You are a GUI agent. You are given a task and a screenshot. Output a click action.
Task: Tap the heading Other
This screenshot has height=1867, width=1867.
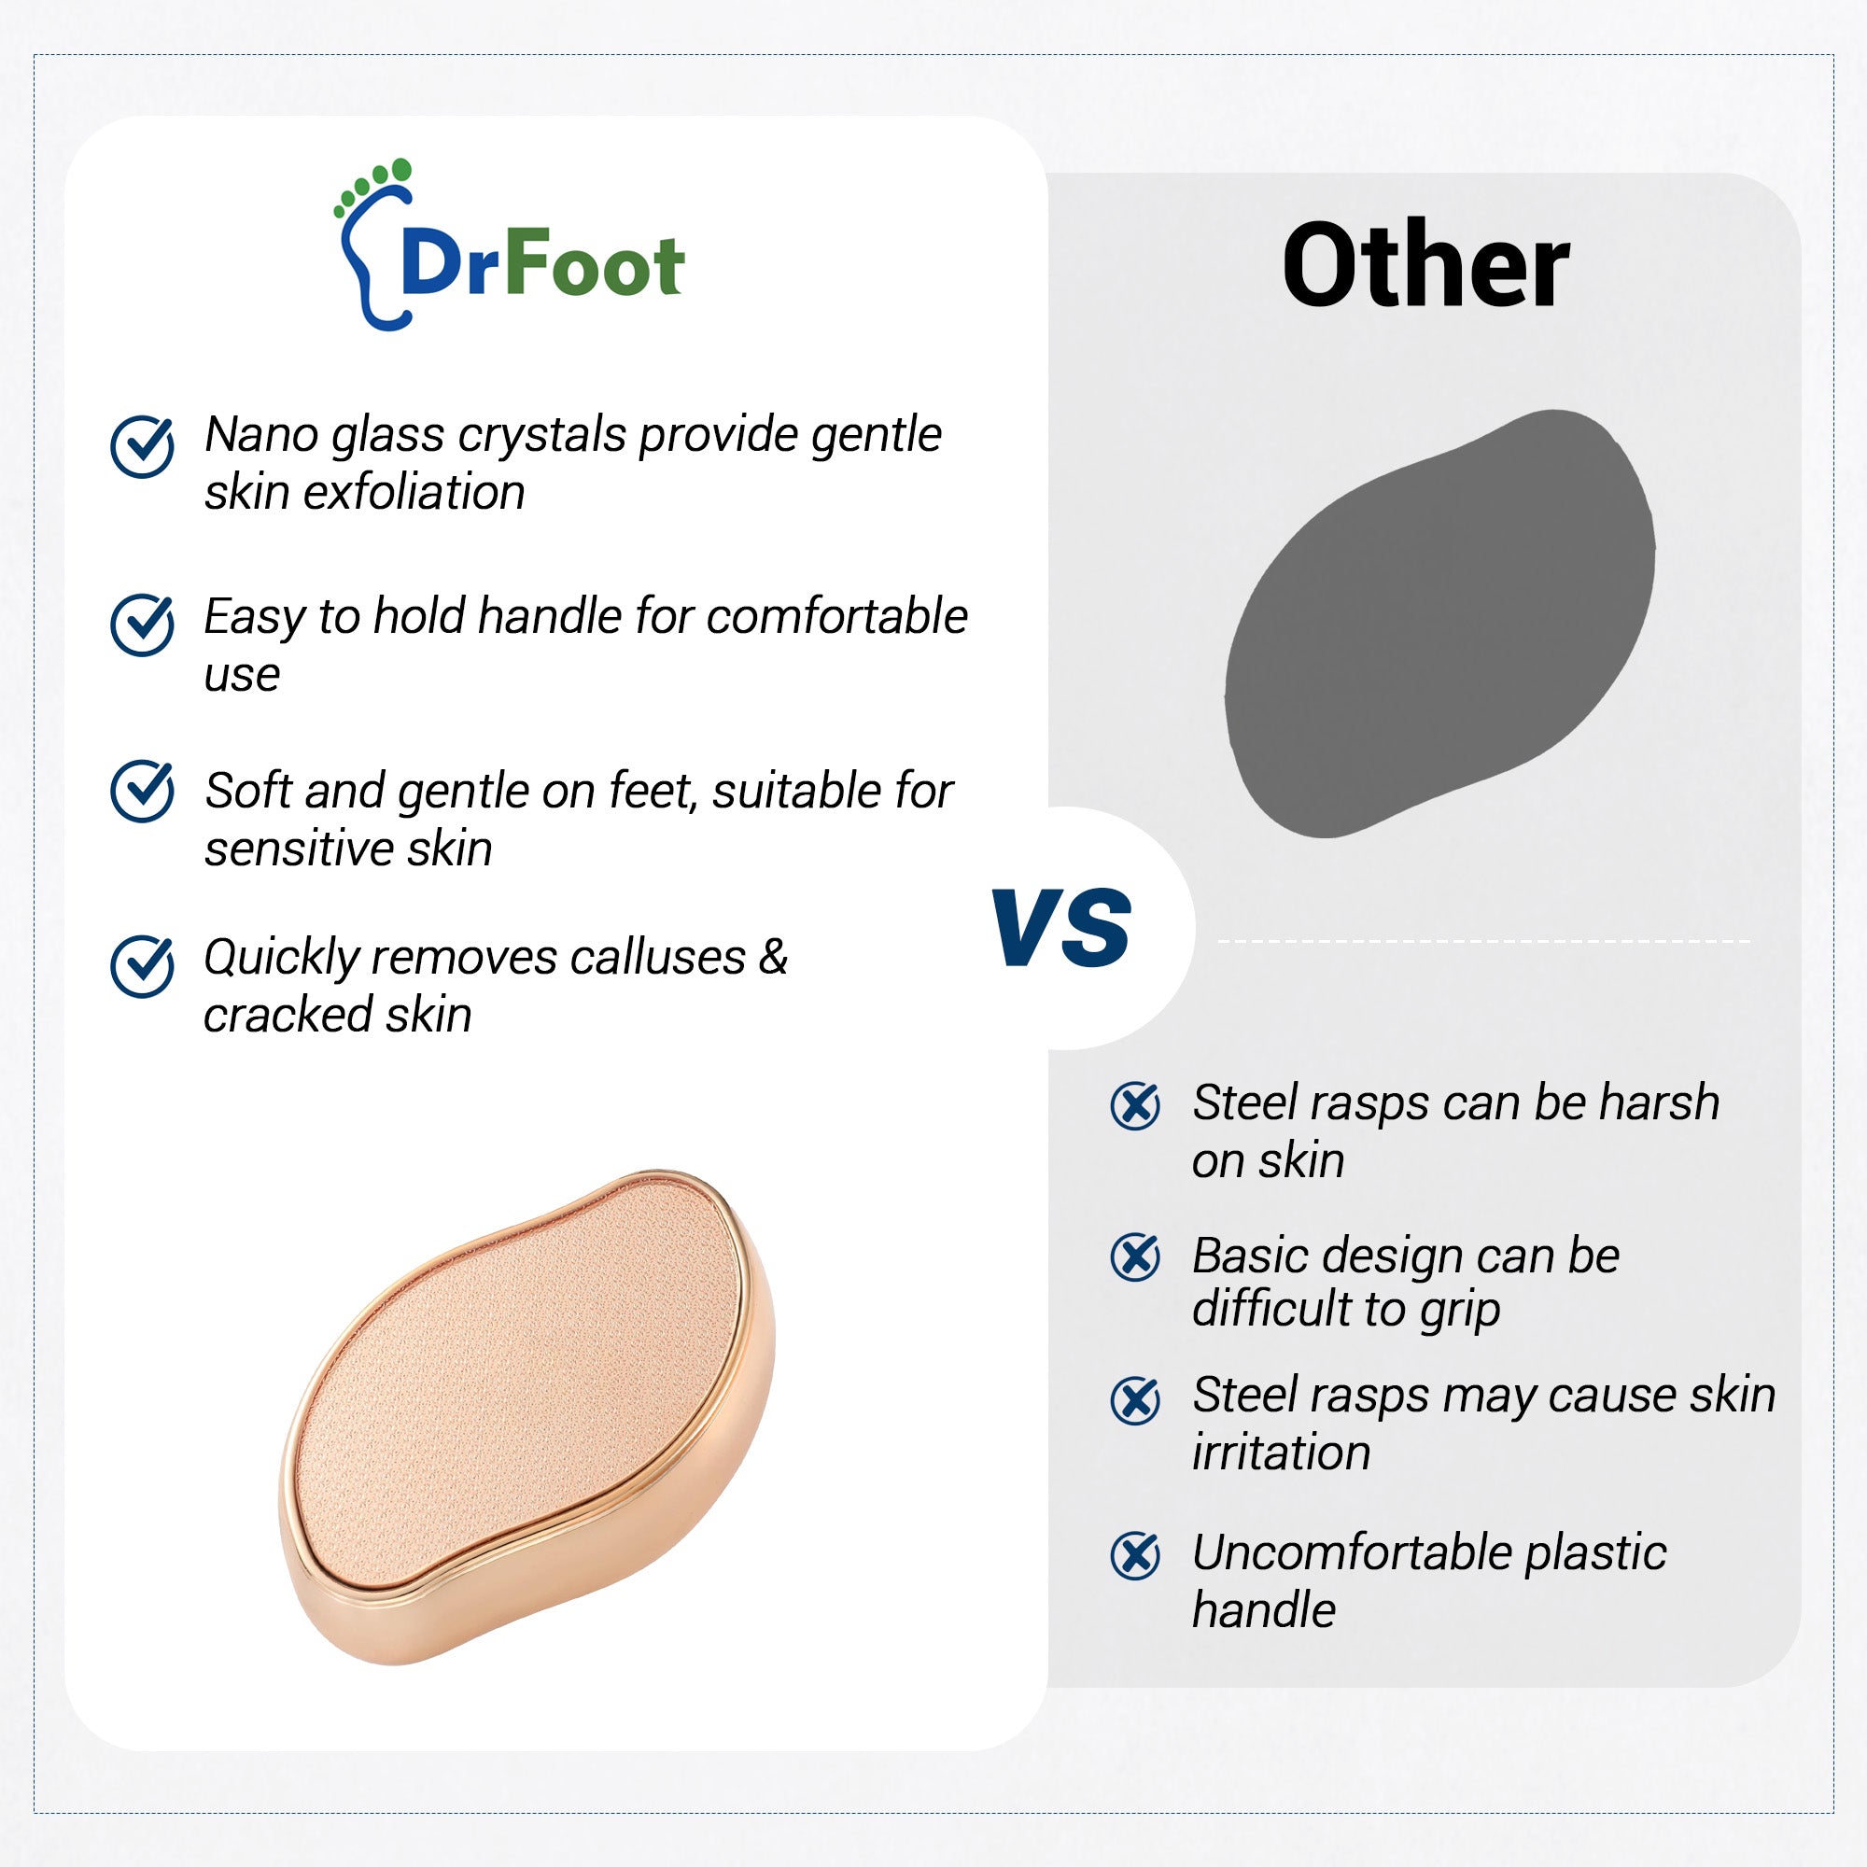pyautogui.click(x=1425, y=265)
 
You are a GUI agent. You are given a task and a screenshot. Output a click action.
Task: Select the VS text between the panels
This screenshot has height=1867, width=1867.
pyautogui.click(x=1060, y=928)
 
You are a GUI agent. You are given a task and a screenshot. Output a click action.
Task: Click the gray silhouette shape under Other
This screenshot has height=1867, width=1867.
pyautogui.click(x=1439, y=624)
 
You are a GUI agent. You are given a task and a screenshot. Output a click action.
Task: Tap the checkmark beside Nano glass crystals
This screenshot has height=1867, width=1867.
pyautogui.click(x=142, y=446)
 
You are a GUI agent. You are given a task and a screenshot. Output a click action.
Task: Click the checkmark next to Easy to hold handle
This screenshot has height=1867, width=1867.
pyautogui.click(x=142, y=625)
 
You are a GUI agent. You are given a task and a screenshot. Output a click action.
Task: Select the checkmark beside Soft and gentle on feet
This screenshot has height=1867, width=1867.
pyautogui.click(x=142, y=792)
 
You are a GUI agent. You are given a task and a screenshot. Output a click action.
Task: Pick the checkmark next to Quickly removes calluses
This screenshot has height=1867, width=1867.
pyautogui.click(x=142, y=965)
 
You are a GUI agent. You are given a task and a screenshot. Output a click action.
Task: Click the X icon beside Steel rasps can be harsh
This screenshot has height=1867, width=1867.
pyautogui.click(x=1135, y=1106)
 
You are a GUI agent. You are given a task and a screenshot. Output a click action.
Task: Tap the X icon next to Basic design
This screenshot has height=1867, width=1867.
pyautogui.click(x=1135, y=1257)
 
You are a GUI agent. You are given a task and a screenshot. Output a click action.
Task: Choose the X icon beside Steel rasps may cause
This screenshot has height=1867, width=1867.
pyautogui.click(x=1135, y=1400)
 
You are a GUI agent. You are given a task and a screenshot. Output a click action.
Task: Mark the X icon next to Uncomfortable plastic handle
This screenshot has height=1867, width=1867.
pyautogui.click(x=1135, y=1555)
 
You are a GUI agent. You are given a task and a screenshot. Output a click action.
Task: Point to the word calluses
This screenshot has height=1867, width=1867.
pyautogui.click(x=657, y=958)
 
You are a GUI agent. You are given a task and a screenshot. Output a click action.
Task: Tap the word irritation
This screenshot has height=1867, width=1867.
pyautogui.click(x=1281, y=1453)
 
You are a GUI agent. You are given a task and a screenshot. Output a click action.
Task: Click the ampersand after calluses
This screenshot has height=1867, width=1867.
pyautogui.click(x=773, y=958)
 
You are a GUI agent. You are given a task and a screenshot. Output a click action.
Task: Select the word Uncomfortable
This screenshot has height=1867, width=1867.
pyautogui.click(x=1351, y=1553)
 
